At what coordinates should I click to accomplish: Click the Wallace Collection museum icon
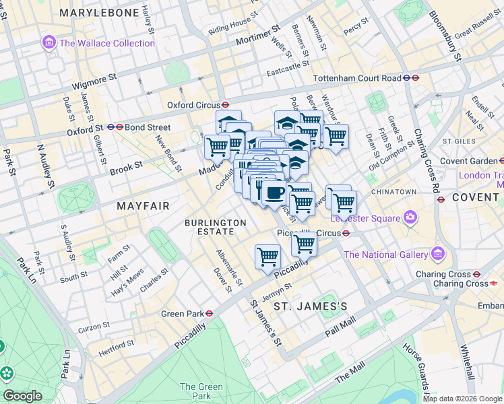click(x=49, y=43)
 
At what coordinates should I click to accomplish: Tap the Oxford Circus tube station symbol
click(x=226, y=105)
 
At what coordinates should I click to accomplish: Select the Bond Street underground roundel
click(x=119, y=127)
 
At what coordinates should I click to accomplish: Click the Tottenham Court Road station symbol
click(x=406, y=78)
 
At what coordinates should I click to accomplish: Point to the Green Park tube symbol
click(x=210, y=313)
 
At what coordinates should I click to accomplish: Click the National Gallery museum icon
click(x=438, y=255)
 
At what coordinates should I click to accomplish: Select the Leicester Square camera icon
click(x=410, y=217)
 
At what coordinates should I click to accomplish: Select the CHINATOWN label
click(x=393, y=192)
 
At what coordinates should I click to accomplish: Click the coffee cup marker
click(x=273, y=193)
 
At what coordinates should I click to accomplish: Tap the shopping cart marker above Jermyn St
click(x=267, y=257)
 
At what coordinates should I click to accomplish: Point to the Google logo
click(x=22, y=396)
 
